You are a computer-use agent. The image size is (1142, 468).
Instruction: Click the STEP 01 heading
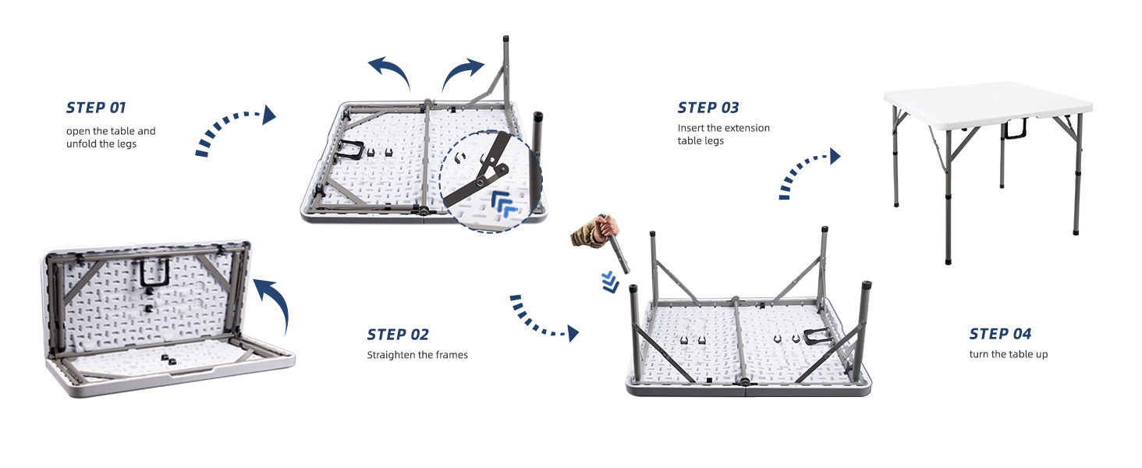[x=96, y=108]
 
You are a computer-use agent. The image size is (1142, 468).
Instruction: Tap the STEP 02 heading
[x=398, y=335]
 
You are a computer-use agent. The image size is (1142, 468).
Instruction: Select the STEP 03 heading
[x=708, y=108]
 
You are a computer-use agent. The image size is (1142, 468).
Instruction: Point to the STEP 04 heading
[x=1000, y=334]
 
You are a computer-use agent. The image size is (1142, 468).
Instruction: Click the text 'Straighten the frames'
[x=417, y=355]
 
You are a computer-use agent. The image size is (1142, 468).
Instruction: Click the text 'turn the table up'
[x=1008, y=355]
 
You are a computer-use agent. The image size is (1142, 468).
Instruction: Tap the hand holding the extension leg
[x=593, y=231]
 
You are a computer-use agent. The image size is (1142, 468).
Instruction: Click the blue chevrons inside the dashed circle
[x=503, y=204]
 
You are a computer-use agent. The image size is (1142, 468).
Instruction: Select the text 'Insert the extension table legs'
[x=723, y=134]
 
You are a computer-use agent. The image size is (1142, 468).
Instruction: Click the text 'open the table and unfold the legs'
[x=111, y=137]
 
